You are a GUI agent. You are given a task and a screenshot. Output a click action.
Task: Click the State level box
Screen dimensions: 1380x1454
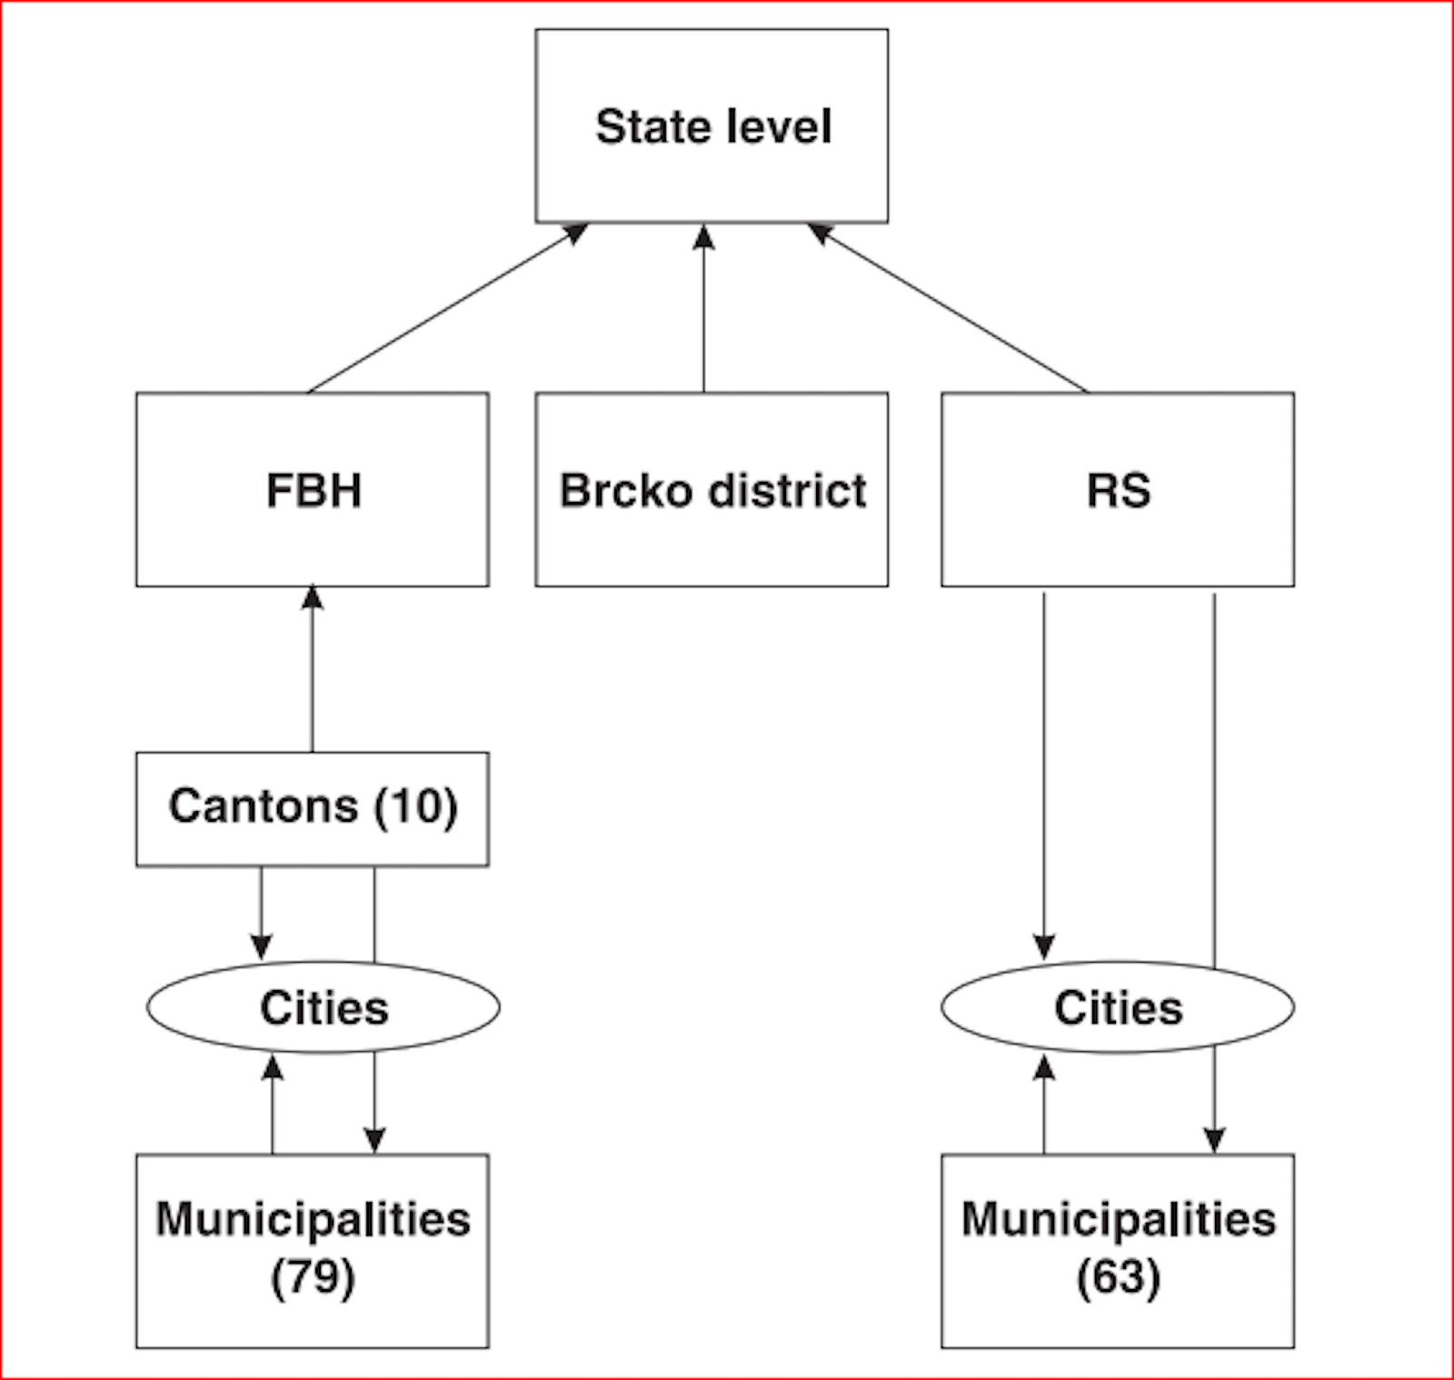point(712,126)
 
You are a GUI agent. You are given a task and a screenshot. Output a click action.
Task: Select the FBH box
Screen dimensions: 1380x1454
point(312,490)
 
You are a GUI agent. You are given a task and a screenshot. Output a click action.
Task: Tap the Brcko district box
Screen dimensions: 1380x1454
point(712,490)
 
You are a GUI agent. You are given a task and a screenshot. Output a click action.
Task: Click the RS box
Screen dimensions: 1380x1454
point(1118,490)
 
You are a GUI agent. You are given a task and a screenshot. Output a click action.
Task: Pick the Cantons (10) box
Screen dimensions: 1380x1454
point(312,808)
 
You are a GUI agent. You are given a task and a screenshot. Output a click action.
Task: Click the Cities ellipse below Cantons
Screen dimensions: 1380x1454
point(324,1007)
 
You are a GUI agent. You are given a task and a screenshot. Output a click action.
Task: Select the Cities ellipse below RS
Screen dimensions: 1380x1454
point(1118,1007)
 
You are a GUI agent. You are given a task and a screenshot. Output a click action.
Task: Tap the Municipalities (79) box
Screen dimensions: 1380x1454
point(312,1250)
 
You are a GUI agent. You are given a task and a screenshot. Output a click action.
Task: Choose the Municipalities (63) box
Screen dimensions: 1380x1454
point(1118,1250)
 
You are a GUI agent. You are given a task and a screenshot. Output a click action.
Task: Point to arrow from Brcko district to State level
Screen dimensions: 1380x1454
point(703,309)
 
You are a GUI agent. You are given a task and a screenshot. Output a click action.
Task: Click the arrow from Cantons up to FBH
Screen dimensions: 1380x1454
point(312,668)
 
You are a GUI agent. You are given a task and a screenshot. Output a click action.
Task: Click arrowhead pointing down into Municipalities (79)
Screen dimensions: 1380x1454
point(374,1140)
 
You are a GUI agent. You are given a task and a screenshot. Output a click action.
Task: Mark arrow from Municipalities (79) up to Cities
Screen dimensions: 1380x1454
point(272,1105)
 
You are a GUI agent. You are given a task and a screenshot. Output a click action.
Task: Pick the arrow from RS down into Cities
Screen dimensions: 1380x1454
point(1044,773)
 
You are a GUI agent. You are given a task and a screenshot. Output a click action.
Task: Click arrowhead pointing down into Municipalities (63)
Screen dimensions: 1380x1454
point(1214,1140)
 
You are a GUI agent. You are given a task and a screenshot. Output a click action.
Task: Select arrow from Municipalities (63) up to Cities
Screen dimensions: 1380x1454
point(1044,1105)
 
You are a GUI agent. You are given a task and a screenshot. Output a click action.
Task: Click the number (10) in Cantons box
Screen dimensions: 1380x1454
point(416,807)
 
